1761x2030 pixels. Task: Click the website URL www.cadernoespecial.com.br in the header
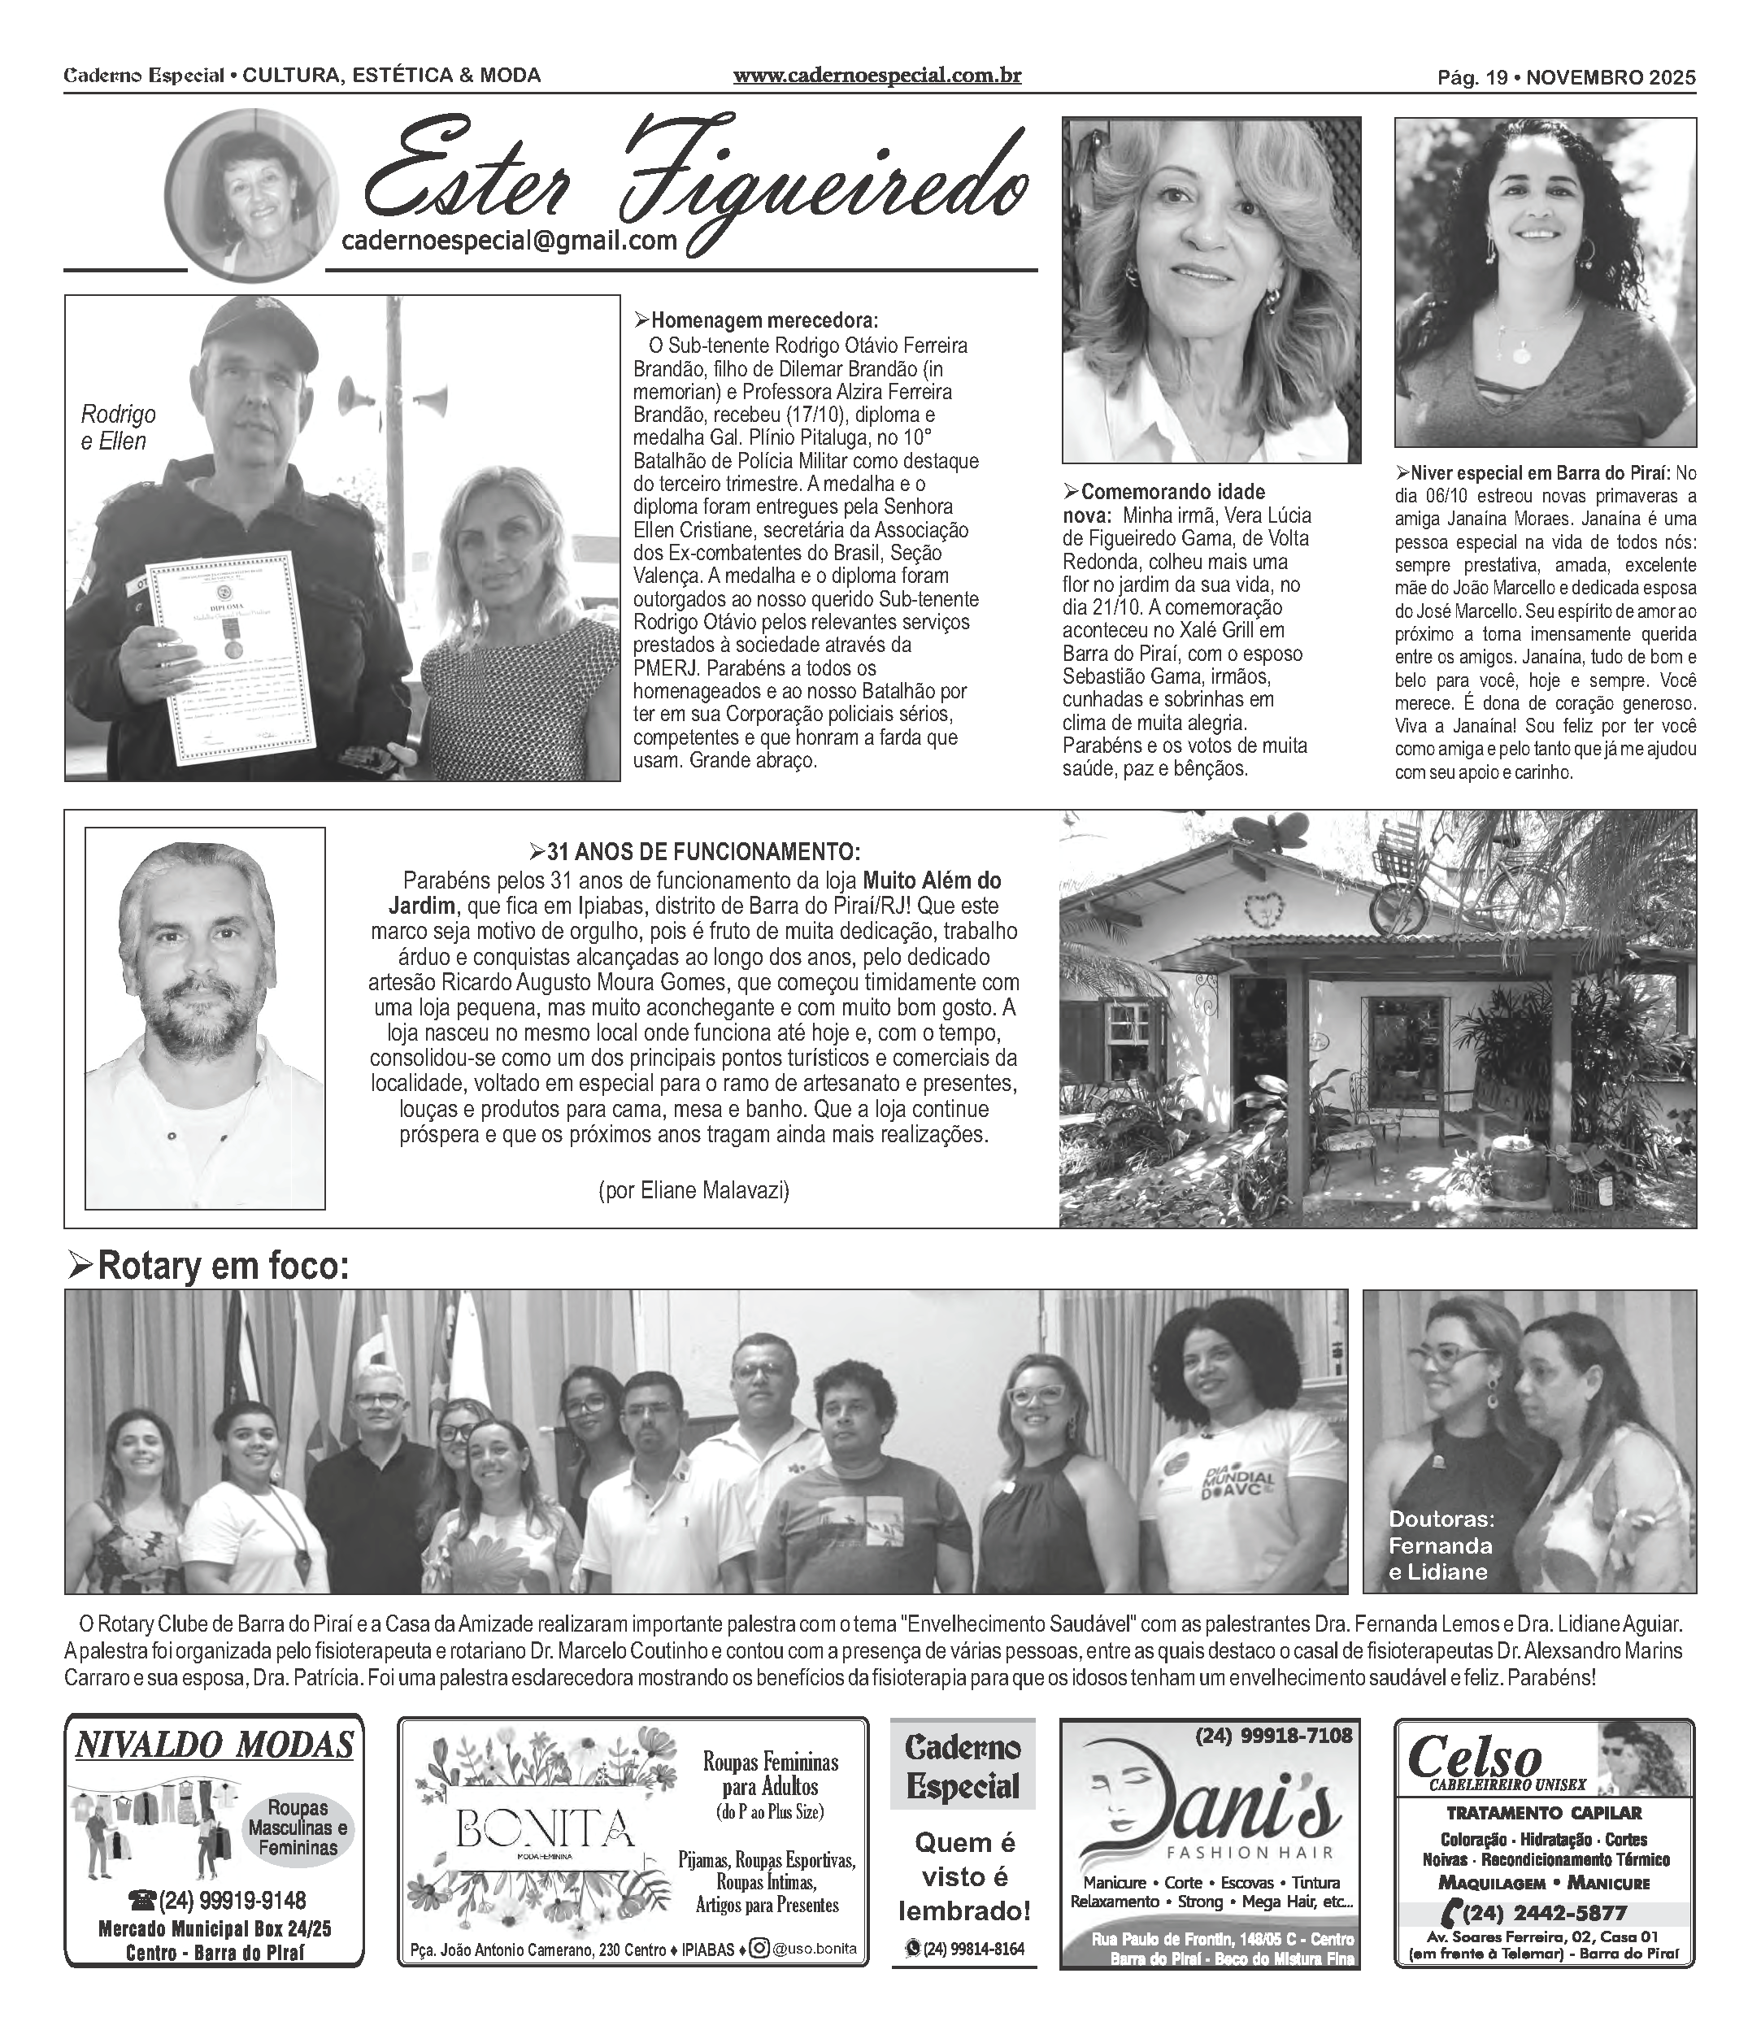click(x=876, y=76)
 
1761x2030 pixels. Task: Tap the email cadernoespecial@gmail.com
click(x=509, y=241)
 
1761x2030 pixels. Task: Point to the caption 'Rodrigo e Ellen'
click(x=118, y=428)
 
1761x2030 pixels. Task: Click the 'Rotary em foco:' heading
click(x=208, y=1267)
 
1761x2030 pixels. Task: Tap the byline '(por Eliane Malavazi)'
click(x=694, y=1190)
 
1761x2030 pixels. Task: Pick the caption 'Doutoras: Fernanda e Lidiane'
click(x=1441, y=1545)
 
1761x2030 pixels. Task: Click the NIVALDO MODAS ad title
click(x=214, y=1745)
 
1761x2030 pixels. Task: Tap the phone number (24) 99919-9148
click(x=218, y=1899)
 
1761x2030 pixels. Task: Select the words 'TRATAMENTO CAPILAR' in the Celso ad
click(x=1545, y=1813)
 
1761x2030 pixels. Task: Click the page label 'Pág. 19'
click(x=1472, y=76)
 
